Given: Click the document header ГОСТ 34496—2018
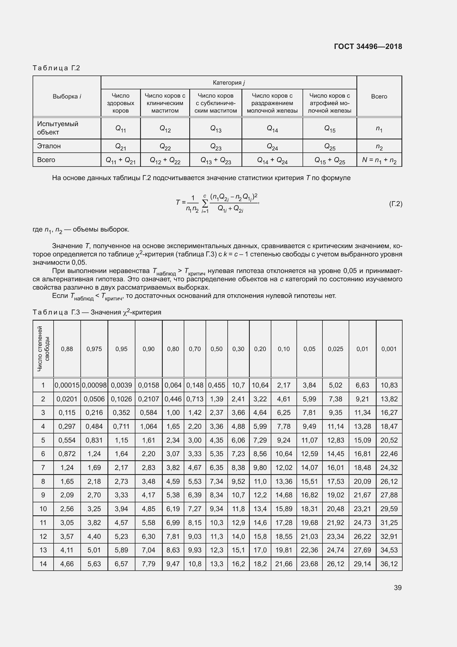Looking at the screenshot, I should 368,46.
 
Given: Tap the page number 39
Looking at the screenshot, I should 398,588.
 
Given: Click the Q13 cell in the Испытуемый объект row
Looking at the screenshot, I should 216,129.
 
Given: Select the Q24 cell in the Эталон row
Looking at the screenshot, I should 272,146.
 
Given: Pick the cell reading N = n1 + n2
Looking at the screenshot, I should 379,160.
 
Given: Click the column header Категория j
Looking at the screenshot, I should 228,82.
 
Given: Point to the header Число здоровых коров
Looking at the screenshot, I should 120,103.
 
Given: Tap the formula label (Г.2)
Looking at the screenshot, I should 395,204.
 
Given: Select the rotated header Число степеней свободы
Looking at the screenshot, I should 43,349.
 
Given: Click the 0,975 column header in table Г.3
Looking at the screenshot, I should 94,349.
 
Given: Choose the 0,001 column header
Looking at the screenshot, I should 389,349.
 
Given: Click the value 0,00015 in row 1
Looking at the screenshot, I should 67,385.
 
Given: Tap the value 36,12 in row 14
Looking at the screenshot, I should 389,564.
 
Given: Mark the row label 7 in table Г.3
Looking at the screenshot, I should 43,467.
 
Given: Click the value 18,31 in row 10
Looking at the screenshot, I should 309,509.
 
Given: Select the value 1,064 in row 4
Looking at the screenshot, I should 148,426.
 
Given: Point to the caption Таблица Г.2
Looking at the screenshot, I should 56,68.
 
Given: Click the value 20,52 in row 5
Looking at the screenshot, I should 389,440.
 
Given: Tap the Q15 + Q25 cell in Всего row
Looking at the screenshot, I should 330,160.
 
